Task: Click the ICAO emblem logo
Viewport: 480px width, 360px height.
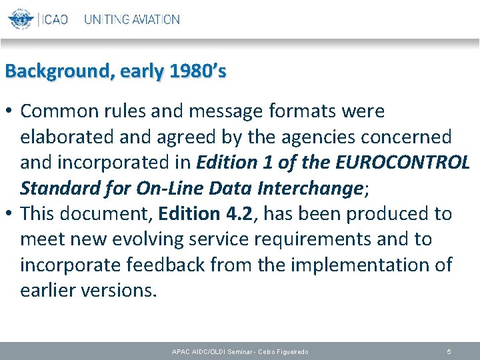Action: (x=21, y=19)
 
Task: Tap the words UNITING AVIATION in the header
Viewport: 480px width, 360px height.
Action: (x=132, y=19)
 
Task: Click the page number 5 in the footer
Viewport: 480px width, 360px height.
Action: (x=449, y=351)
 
